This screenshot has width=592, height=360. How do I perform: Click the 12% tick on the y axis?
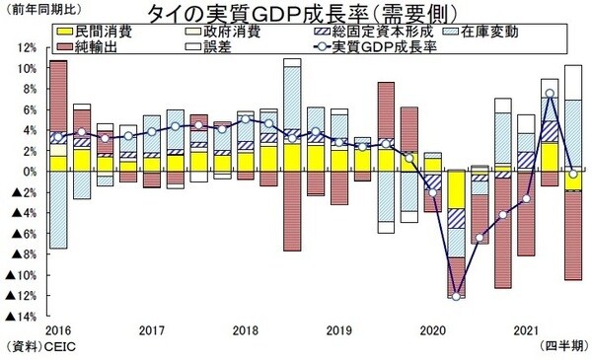pyautogui.click(x=27, y=47)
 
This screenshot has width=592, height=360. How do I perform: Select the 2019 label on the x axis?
pyautogui.click(x=338, y=329)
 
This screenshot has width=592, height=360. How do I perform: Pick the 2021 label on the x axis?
pyautogui.click(x=525, y=329)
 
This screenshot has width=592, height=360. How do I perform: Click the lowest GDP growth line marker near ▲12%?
pyautogui.click(x=456, y=296)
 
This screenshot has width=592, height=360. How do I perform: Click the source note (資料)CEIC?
pyautogui.click(x=40, y=348)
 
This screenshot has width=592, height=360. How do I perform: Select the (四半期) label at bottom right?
pyautogui.click(x=564, y=348)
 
